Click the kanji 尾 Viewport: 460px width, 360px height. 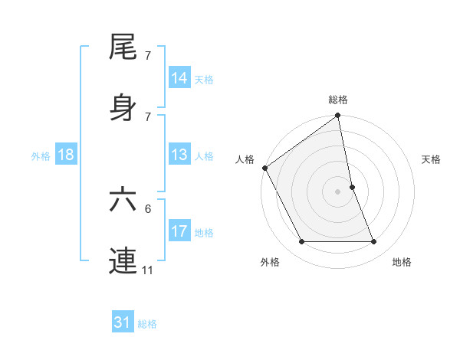[x=123, y=47]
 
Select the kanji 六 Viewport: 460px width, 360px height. [x=123, y=198]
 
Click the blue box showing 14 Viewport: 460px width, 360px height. [x=179, y=78]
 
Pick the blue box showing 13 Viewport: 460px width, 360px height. [x=179, y=155]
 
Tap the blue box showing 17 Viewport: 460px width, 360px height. [x=179, y=232]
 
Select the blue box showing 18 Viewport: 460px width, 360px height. [x=66, y=155]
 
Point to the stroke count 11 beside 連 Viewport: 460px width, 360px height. [x=147, y=270]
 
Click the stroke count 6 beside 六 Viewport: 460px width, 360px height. [x=148, y=208]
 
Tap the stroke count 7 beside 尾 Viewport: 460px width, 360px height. [x=148, y=56]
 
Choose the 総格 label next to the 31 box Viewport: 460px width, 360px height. [x=147, y=324]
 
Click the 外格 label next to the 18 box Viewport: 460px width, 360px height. [x=41, y=156]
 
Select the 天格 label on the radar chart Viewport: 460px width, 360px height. [x=432, y=159]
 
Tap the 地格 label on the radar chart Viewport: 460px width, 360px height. [x=402, y=262]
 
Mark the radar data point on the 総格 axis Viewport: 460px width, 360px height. [x=338, y=116]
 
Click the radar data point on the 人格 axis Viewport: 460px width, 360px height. [x=265, y=168]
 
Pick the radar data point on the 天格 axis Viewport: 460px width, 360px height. [x=352, y=187]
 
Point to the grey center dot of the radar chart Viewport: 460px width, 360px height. [x=338, y=191]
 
